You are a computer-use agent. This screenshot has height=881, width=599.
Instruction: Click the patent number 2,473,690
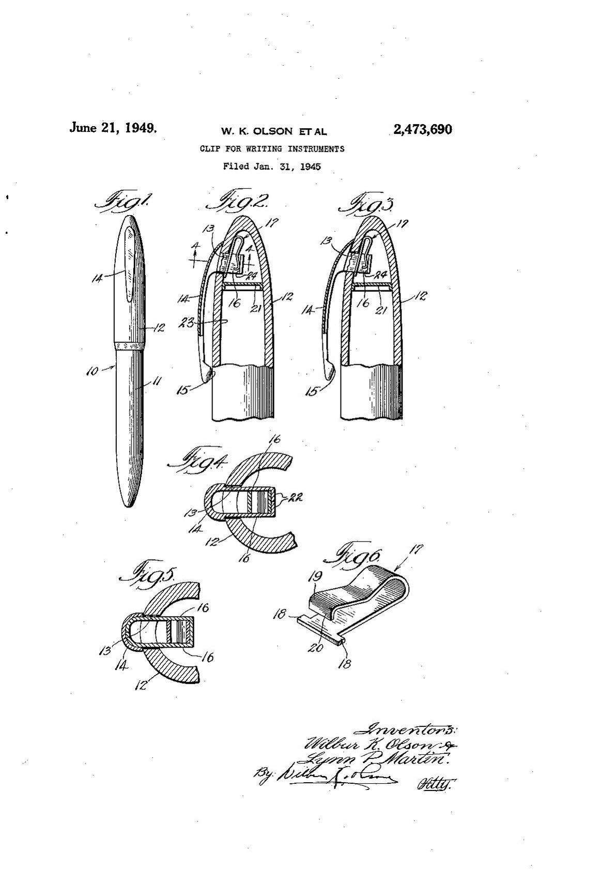[x=422, y=129]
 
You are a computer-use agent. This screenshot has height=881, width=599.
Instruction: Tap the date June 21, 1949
[x=113, y=128]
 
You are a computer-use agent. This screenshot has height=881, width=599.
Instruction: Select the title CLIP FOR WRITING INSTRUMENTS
[x=272, y=149]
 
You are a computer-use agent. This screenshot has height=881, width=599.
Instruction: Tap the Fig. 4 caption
[x=197, y=460]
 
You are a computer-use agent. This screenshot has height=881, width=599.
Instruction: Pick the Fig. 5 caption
[x=149, y=575]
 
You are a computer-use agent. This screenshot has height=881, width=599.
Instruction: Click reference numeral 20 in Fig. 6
[x=316, y=646]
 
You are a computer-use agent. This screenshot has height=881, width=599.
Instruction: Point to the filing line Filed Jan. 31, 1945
[x=272, y=167]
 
